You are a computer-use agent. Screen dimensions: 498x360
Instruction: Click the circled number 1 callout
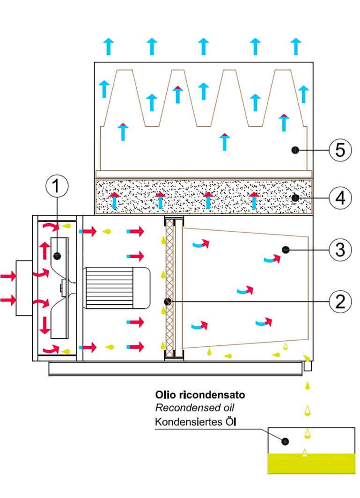57,186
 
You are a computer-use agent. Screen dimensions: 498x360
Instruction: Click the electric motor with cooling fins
117,288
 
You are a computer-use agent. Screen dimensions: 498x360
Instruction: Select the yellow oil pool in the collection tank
311,463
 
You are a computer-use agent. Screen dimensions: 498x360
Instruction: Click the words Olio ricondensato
200,395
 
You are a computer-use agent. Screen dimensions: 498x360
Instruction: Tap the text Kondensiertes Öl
196,422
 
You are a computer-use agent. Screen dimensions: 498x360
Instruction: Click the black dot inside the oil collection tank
285,441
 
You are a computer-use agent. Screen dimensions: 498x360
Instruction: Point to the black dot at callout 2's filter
167,301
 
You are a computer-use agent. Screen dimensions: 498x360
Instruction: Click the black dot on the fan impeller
57,256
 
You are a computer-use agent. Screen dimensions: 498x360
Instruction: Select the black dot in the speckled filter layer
294,198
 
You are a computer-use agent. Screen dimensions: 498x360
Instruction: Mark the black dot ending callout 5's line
294,150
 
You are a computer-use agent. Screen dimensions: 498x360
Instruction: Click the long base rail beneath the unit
176,369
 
